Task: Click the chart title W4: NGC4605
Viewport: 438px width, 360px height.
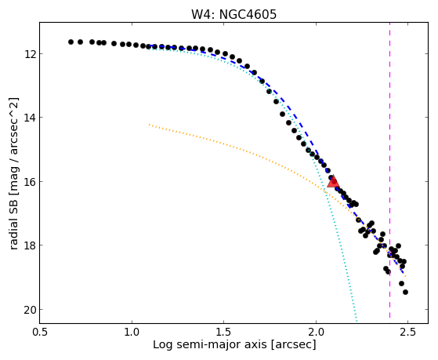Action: click(x=233, y=14)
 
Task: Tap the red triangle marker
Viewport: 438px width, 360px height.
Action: click(x=333, y=181)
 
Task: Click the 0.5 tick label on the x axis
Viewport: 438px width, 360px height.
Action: click(x=40, y=333)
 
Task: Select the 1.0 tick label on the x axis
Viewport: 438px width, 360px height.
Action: click(x=132, y=333)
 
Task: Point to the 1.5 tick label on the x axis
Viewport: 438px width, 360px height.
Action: click(x=223, y=333)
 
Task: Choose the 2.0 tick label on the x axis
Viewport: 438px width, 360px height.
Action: click(x=316, y=333)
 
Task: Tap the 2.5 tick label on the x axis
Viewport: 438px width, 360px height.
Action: click(x=407, y=333)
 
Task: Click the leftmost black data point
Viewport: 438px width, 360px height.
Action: click(x=71, y=42)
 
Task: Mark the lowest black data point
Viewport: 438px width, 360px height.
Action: click(x=405, y=293)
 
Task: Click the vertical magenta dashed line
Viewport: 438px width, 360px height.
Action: click(x=389, y=173)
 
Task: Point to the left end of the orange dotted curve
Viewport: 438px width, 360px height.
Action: click(x=150, y=124)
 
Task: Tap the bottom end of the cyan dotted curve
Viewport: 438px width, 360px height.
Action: click(x=357, y=321)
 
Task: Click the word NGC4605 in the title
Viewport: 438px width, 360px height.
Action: click(x=248, y=14)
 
